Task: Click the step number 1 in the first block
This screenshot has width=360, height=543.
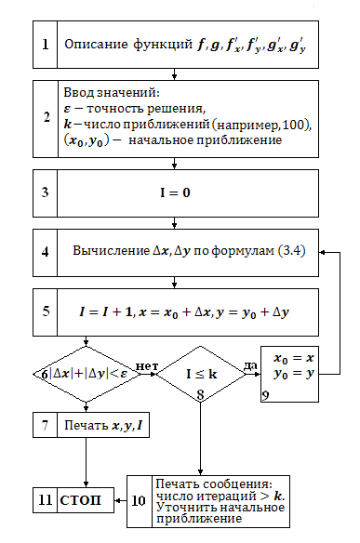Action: click(x=45, y=45)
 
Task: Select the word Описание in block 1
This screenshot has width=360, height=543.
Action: click(x=96, y=45)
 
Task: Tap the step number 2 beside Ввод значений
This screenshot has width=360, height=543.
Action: click(x=47, y=117)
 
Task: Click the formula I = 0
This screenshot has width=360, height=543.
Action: click(x=175, y=192)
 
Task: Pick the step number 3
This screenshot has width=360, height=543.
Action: click(x=46, y=192)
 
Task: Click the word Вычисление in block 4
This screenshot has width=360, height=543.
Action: click(x=111, y=250)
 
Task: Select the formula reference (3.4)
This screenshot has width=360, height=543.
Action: click(x=292, y=250)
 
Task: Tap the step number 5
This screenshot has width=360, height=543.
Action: click(x=46, y=311)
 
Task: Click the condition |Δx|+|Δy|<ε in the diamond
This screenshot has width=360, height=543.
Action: click(x=88, y=374)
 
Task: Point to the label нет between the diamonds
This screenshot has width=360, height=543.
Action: click(x=147, y=366)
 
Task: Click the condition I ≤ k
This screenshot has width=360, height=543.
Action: click(x=201, y=374)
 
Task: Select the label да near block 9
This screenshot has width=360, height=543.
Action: click(x=250, y=365)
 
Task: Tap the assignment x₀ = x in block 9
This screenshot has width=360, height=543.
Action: click(x=294, y=358)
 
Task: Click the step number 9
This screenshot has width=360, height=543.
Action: click(x=265, y=395)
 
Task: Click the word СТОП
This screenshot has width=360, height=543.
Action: click(x=80, y=500)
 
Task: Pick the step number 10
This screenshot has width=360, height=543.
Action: click(x=139, y=500)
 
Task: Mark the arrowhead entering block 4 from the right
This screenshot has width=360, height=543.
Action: click(x=322, y=253)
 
